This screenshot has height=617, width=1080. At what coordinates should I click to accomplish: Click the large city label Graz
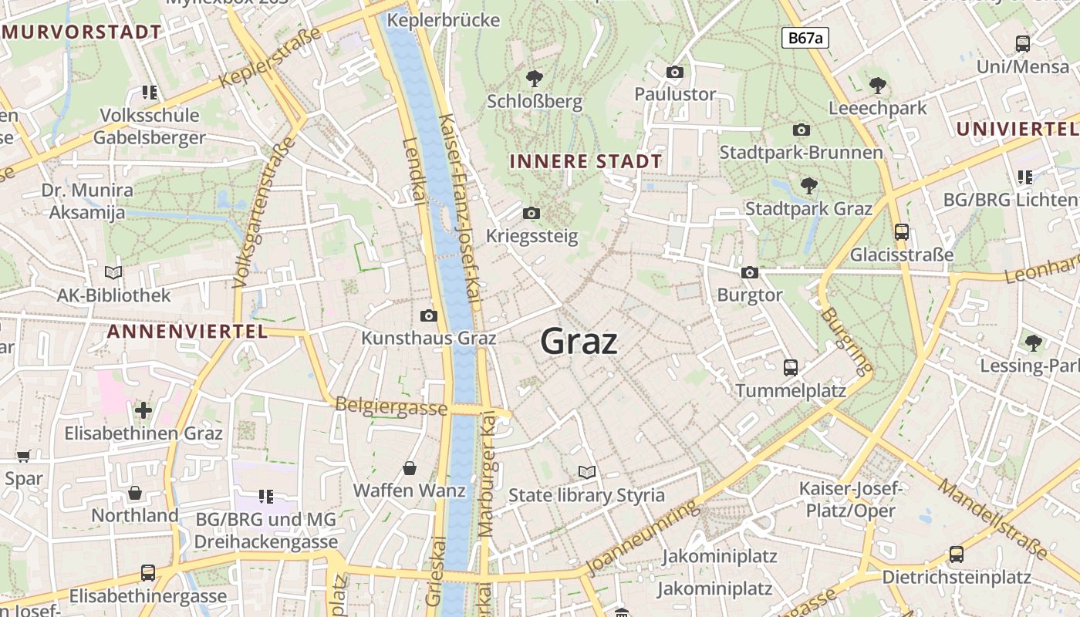click(579, 341)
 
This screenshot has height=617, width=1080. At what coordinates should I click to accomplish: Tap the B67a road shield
click(805, 38)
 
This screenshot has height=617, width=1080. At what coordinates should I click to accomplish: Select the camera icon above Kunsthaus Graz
click(429, 315)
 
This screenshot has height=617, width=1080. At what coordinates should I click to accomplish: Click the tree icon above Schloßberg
click(534, 78)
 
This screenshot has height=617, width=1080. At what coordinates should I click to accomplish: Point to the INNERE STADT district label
click(586, 161)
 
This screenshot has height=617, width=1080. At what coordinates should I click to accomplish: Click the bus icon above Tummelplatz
click(791, 367)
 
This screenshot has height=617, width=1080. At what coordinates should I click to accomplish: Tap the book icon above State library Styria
click(587, 472)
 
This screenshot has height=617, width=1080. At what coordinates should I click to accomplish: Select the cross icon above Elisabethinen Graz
click(143, 410)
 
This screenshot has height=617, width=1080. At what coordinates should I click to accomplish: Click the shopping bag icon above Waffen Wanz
click(410, 468)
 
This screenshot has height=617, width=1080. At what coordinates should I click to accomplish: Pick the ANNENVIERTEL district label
click(187, 332)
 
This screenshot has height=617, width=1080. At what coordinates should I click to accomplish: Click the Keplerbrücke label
click(444, 20)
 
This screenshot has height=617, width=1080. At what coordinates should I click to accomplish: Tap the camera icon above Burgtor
click(749, 272)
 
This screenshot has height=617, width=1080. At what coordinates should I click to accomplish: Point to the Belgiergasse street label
click(391, 406)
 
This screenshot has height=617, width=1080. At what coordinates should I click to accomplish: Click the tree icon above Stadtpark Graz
click(808, 185)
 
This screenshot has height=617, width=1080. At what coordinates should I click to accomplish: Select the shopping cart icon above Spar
click(23, 456)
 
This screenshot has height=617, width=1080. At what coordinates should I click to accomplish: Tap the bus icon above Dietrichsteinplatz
click(957, 554)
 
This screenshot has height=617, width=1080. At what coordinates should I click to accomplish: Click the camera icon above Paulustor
click(675, 72)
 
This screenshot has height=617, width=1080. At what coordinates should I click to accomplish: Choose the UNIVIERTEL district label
click(1017, 129)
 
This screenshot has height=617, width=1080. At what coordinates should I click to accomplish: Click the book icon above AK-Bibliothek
click(113, 272)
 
